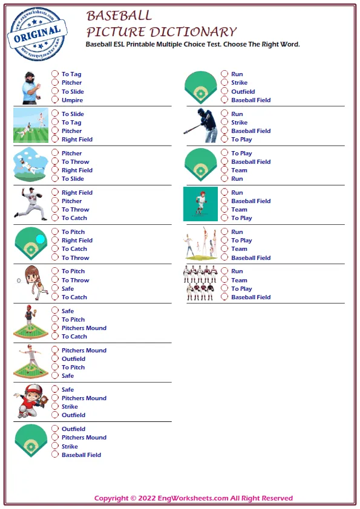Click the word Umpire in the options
[x=72, y=100]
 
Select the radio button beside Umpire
[x=55, y=100]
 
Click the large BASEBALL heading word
[x=119, y=16]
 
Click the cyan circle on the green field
[x=40, y=239]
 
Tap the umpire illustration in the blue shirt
[x=30, y=86]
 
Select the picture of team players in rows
[x=200, y=284]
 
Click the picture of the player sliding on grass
[x=30, y=126]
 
